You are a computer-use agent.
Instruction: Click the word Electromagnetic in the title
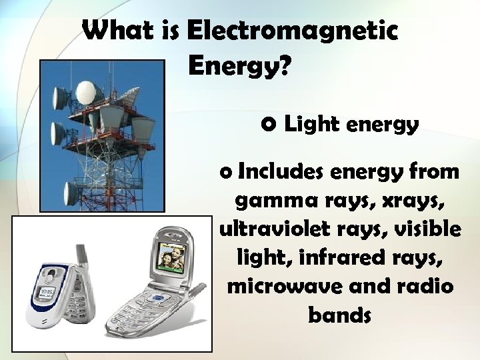(293, 31)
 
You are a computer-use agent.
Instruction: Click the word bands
(339, 315)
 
